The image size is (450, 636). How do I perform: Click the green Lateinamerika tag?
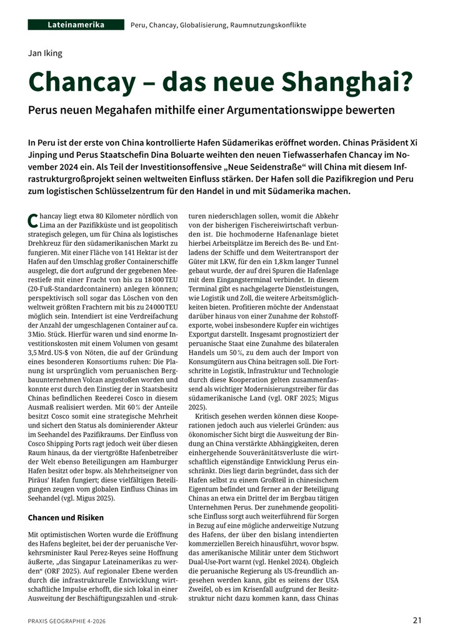coord(76,25)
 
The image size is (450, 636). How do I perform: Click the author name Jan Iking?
coord(46,53)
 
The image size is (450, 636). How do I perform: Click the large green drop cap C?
coord(33,220)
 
